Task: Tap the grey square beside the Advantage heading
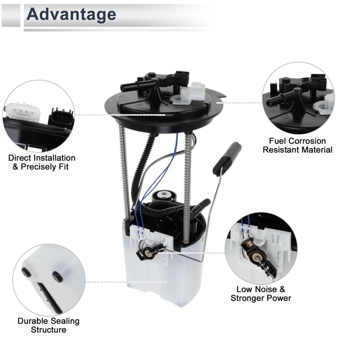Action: click(x=11, y=15)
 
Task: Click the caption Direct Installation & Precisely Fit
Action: click(x=42, y=162)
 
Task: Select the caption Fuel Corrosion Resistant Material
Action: click(x=297, y=145)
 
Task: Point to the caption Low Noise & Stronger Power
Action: click(x=261, y=293)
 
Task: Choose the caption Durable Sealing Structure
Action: click(x=49, y=325)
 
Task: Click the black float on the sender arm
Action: click(x=227, y=158)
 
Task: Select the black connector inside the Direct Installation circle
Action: click(x=61, y=117)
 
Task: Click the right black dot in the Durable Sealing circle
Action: click(x=57, y=276)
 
